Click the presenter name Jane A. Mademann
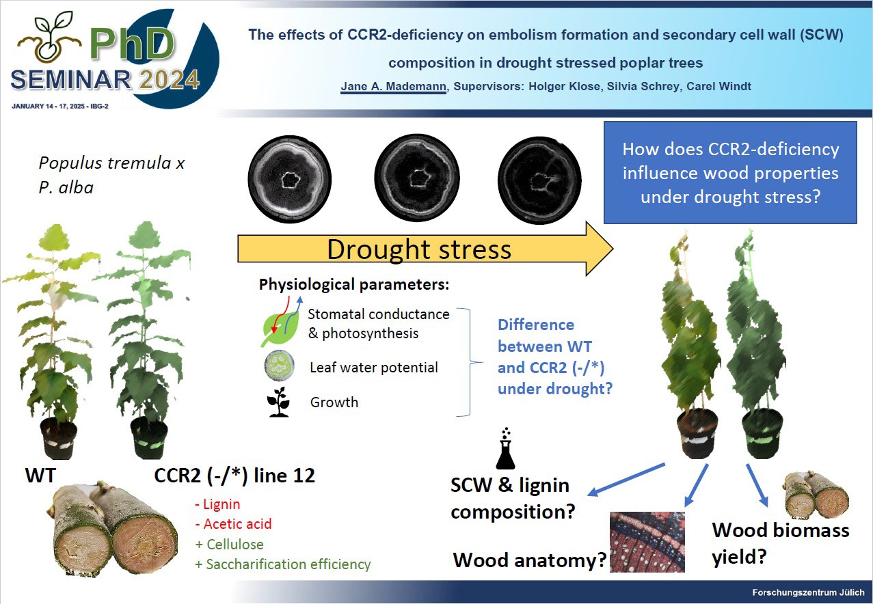coord(393,87)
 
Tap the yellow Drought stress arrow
coord(425,249)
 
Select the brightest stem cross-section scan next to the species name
coord(290,179)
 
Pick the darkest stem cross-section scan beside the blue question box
coord(540,180)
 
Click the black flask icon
coord(505,449)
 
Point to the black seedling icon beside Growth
coord(278,402)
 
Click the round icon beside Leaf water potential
coord(279,366)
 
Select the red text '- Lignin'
coord(218,504)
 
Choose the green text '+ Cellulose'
coord(230,545)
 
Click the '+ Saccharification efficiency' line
coord(283,564)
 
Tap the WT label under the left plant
coord(40,476)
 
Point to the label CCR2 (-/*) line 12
coord(234,476)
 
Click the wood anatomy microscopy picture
coord(647,542)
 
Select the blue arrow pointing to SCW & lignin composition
coord(626,480)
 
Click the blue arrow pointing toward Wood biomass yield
coord(757,485)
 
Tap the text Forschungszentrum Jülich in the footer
coord(808,592)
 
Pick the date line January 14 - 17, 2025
coord(60,107)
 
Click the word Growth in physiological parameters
coord(334,402)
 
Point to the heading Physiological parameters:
coord(354,285)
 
